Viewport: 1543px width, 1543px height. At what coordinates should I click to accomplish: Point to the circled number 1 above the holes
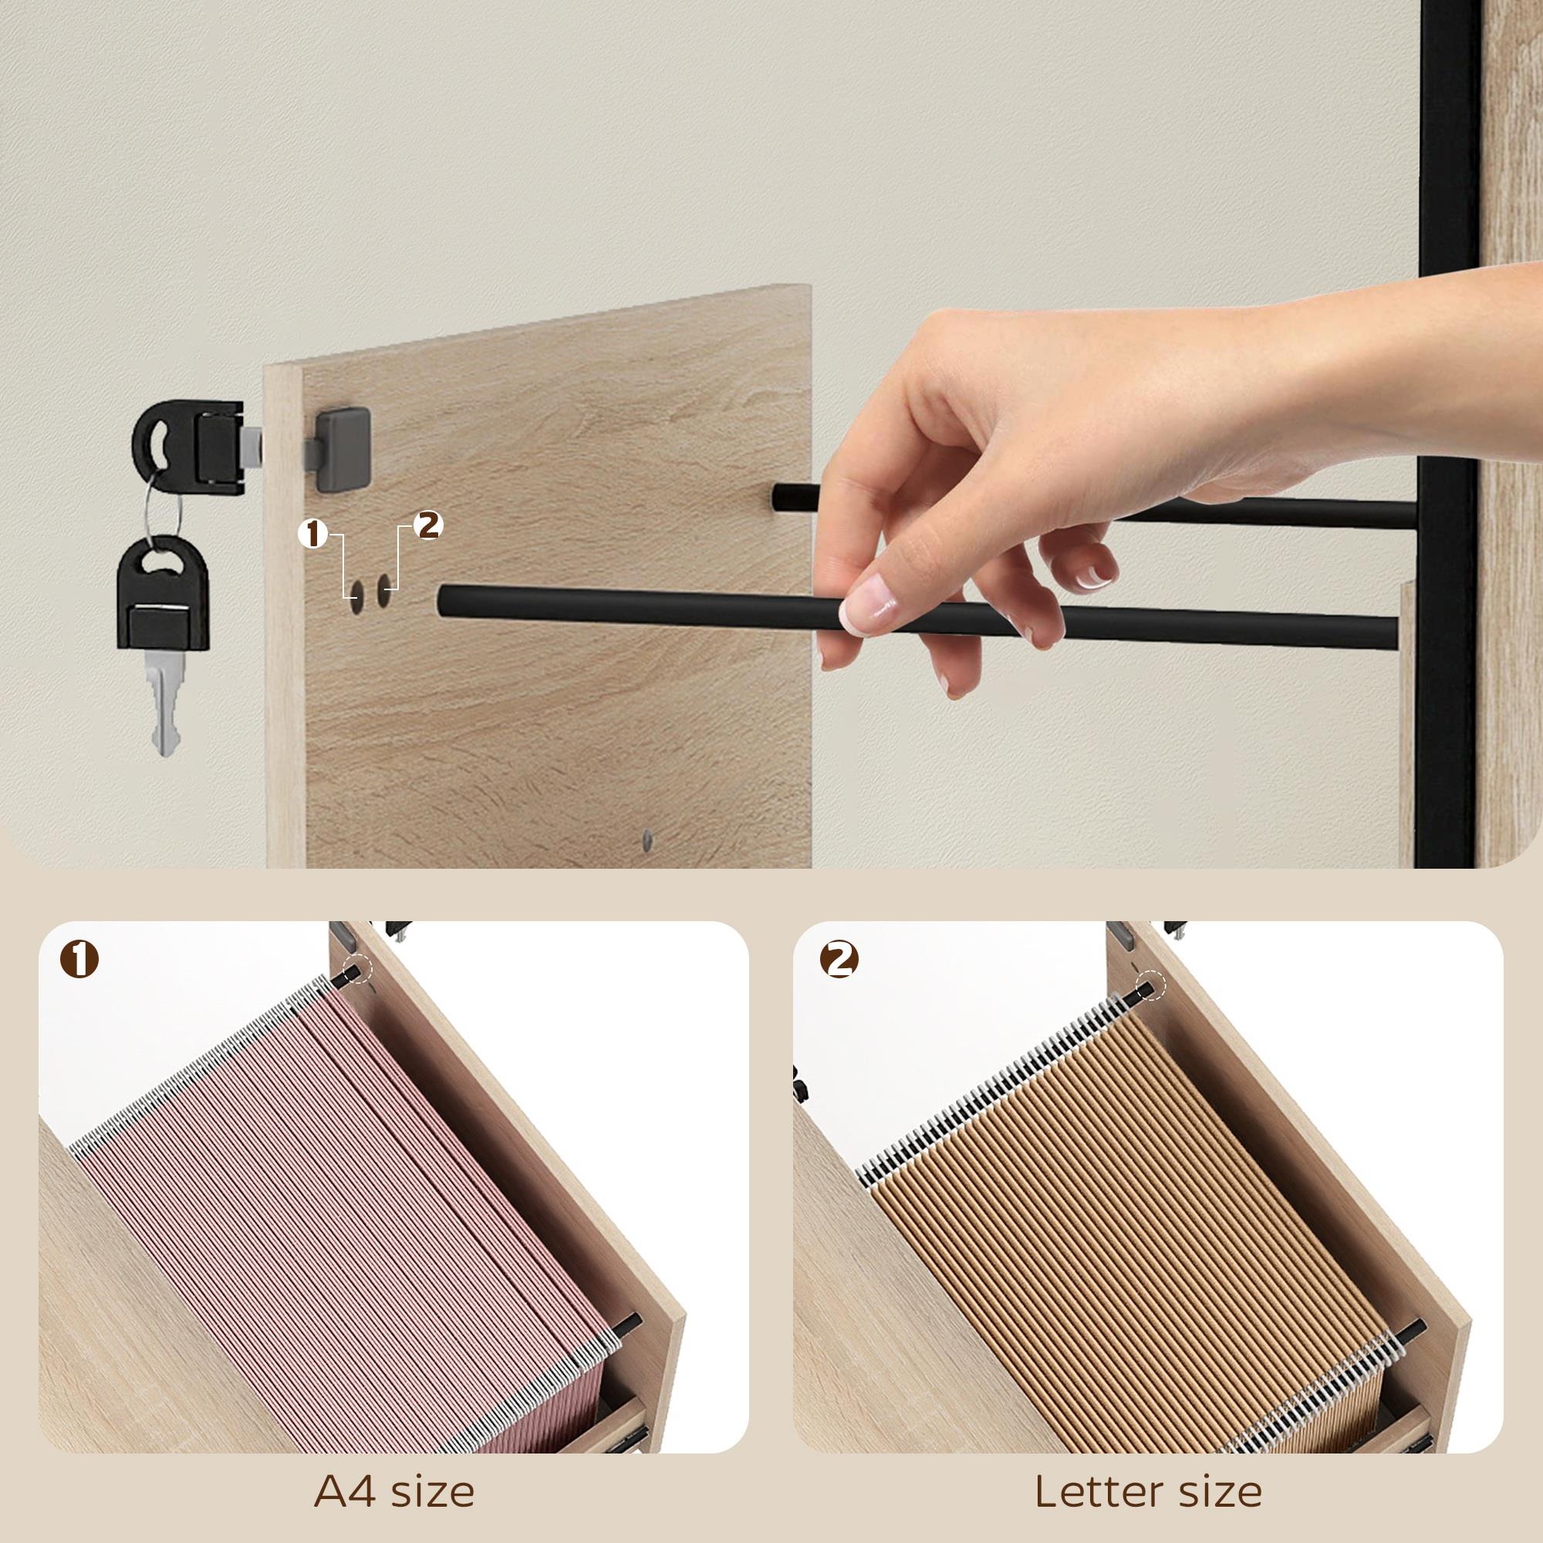point(313,535)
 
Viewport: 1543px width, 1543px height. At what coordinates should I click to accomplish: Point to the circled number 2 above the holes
point(429,525)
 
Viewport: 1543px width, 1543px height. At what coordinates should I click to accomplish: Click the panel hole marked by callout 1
point(356,592)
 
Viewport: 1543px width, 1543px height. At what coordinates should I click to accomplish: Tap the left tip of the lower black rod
point(441,600)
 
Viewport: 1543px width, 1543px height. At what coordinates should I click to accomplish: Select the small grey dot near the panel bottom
point(647,839)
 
